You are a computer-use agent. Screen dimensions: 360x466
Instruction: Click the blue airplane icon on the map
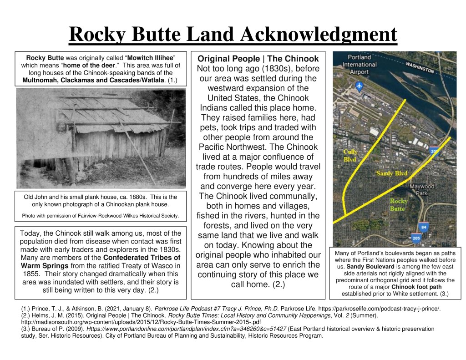pos(360,86)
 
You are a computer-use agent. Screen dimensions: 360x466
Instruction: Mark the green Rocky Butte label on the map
pos(399,204)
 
